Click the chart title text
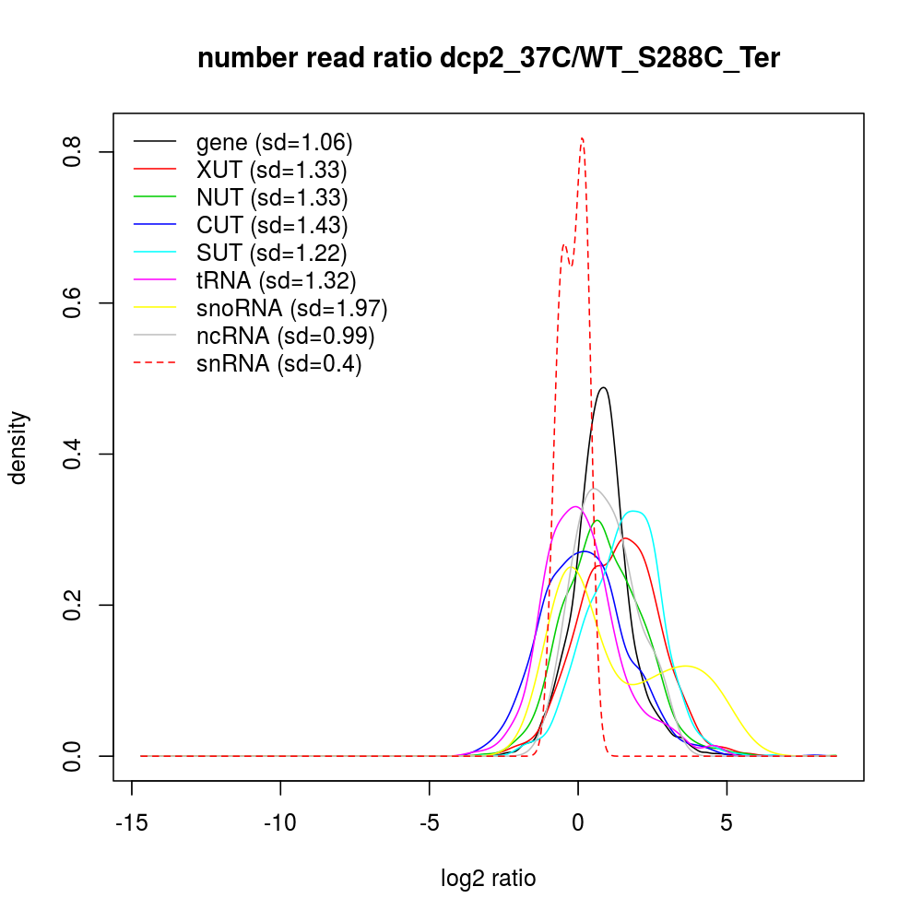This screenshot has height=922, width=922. click(489, 60)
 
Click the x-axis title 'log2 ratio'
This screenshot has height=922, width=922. click(489, 878)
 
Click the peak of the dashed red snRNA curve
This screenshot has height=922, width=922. click(582, 138)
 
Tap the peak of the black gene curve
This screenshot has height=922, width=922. click(603, 387)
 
